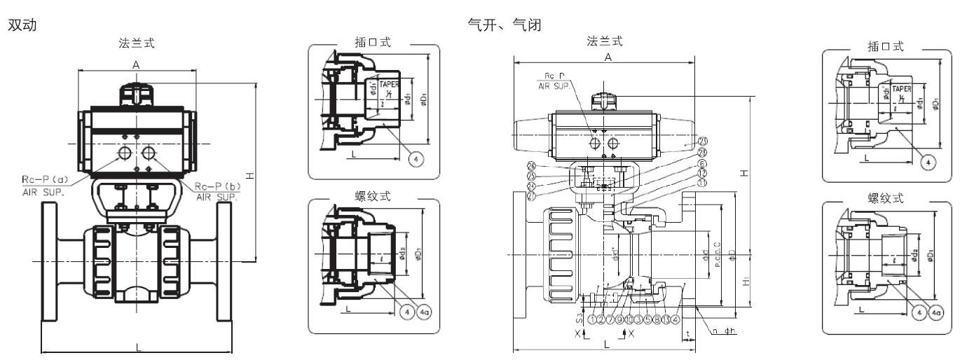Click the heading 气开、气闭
point(498,25)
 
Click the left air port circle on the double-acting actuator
point(125,153)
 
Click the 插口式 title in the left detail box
point(375,44)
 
